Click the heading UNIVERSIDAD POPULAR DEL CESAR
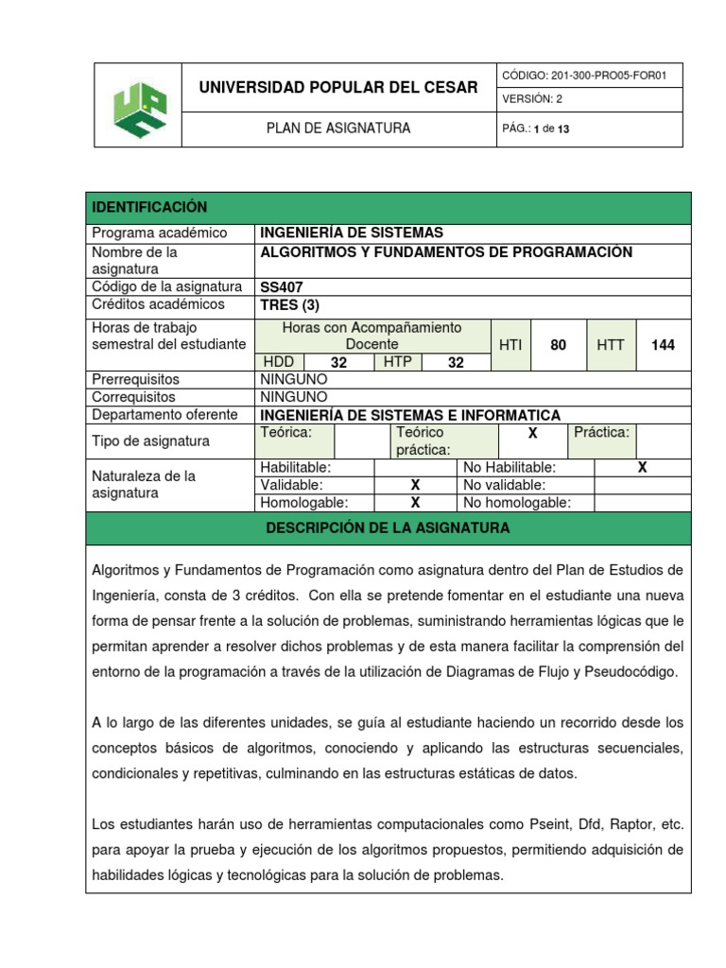337,88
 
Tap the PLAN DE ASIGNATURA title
337,129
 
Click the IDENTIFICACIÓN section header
148,207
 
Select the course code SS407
282,286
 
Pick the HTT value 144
663,345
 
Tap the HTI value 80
558,345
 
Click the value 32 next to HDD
338,363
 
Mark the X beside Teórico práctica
532,432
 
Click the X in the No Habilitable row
642,468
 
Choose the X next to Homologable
414,503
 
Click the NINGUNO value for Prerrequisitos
294,380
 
